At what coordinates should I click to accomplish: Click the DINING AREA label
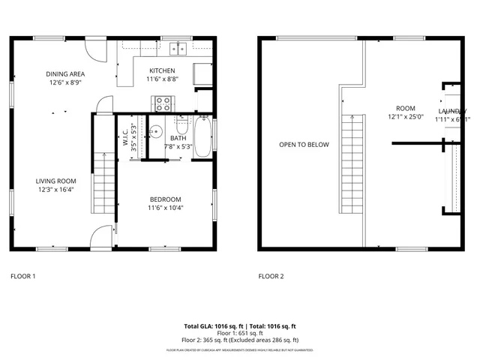pyautogui.click(x=65, y=73)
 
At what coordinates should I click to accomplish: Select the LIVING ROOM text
pyautogui.click(x=56, y=180)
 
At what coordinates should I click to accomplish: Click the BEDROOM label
pyautogui.click(x=165, y=199)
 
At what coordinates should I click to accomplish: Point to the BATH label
pyautogui.click(x=178, y=138)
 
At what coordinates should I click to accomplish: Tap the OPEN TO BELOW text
pyautogui.click(x=304, y=145)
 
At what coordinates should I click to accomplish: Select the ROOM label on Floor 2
pyautogui.click(x=405, y=108)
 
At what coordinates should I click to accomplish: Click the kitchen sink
pyautogui.click(x=178, y=49)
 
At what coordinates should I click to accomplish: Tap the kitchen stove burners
pyautogui.click(x=162, y=103)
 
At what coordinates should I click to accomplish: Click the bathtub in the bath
pyautogui.click(x=202, y=138)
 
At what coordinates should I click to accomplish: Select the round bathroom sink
pyautogui.click(x=155, y=133)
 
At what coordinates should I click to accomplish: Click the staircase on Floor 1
pyautogui.click(x=103, y=180)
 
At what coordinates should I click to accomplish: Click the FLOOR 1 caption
pyautogui.click(x=22, y=277)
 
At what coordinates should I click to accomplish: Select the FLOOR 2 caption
pyautogui.click(x=271, y=277)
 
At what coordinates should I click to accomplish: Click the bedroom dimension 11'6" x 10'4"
pyautogui.click(x=165, y=208)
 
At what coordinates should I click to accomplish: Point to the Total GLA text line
pyautogui.click(x=240, y=326)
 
